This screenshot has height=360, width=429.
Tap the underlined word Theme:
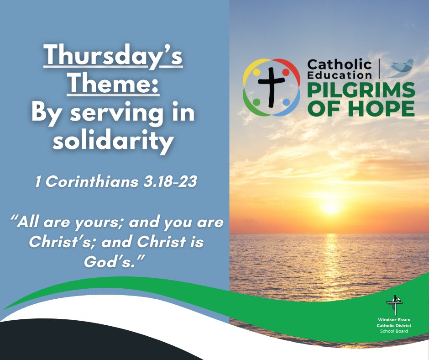(x=113, y=85)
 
